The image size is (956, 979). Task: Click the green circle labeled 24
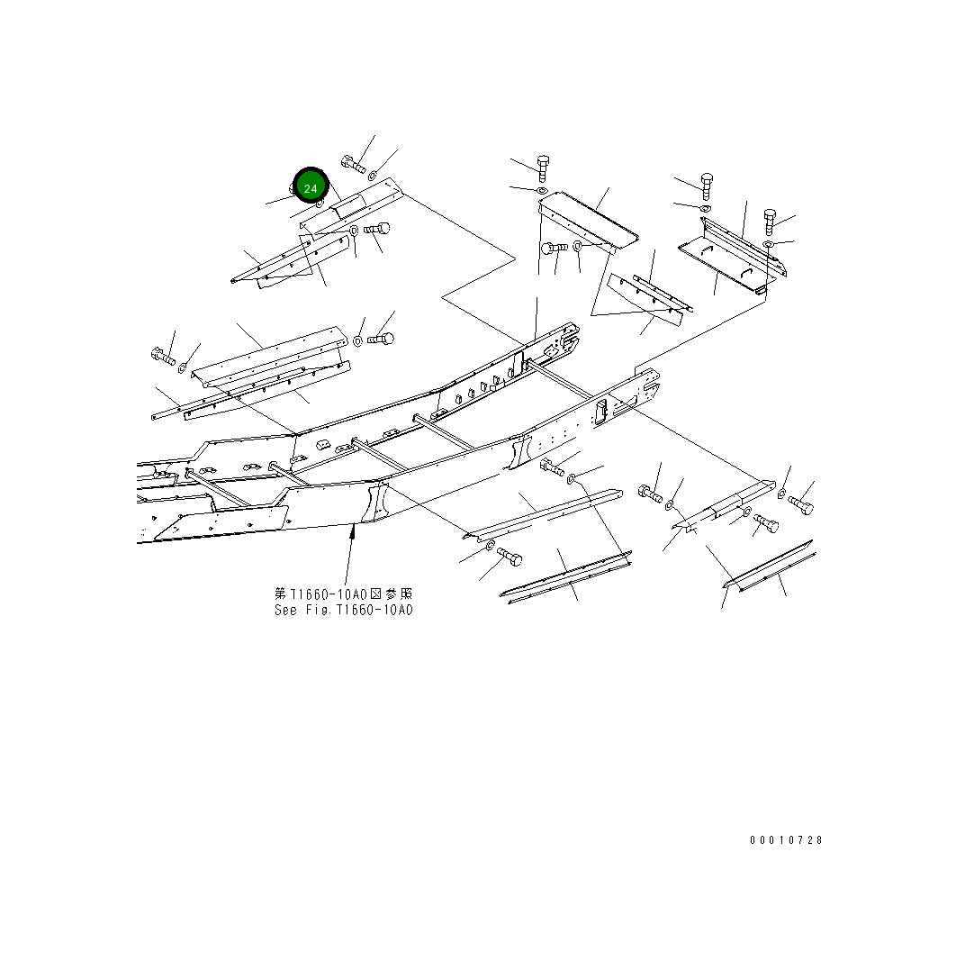pos(311,187)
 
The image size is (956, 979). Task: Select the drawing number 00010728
pos(786,840)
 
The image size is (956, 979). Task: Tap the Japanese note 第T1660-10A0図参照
pos(344,594)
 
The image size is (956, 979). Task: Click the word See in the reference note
pos(285,610)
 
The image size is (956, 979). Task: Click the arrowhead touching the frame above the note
pos(354,532)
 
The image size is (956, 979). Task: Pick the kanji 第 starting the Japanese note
pos(280,594)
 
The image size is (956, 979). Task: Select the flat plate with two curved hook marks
pos(726,264)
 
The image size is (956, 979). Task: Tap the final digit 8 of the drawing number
pos(819,840)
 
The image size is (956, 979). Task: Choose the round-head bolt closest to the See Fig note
pos(508,557)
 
